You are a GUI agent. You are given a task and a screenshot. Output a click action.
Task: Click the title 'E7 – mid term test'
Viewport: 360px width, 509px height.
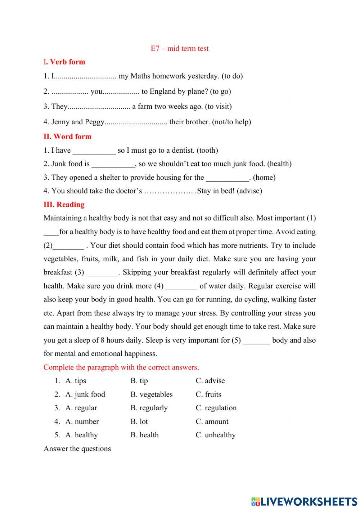179,49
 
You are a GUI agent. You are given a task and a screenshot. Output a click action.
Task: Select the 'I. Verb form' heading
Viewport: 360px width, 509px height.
64,62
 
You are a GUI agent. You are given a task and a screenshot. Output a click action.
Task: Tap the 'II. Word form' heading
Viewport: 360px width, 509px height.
67,137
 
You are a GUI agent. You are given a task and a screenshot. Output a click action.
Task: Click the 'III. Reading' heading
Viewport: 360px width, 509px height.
64,205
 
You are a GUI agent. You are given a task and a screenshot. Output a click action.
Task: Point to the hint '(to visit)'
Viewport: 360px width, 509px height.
218,107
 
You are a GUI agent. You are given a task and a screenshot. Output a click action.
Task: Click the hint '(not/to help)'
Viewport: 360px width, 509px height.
231,122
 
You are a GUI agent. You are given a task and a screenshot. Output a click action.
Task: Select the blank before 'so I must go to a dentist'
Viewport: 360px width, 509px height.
94,151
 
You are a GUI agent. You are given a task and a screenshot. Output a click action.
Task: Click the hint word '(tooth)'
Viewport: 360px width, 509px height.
207,151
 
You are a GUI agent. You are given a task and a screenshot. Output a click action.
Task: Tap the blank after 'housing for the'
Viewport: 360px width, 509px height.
227,178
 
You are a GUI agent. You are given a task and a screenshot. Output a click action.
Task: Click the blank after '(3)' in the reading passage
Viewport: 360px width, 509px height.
102,273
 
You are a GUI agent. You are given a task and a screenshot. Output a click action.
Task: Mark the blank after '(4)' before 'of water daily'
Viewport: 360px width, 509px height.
181,286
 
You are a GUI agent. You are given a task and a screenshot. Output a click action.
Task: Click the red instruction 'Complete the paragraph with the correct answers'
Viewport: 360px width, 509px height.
121,367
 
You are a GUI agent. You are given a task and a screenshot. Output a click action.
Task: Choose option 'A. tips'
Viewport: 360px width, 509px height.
76,381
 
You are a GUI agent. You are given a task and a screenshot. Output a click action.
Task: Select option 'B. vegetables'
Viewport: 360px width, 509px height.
151,394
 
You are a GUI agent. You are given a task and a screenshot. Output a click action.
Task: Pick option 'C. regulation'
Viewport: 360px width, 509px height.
216,408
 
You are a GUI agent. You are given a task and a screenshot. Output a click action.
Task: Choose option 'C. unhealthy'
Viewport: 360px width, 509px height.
216,435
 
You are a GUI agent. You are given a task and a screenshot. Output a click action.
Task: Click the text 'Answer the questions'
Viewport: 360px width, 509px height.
77,449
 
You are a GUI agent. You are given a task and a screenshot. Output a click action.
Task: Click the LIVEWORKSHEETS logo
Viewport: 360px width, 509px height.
304,501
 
